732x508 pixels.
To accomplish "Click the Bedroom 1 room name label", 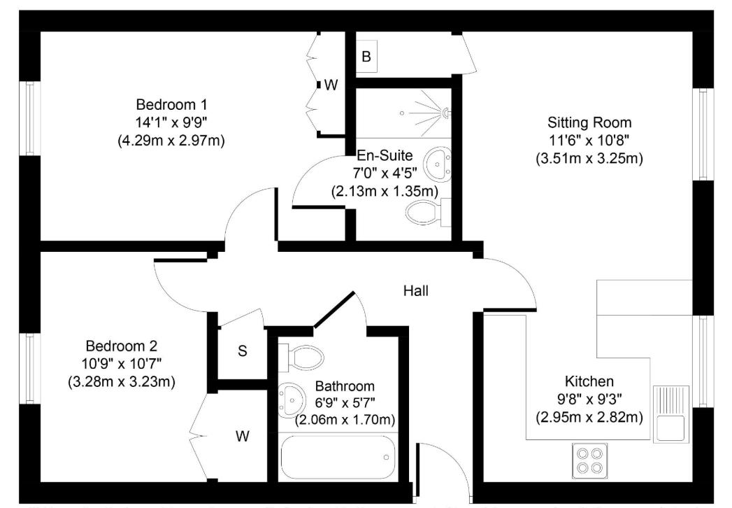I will tap(171, 104).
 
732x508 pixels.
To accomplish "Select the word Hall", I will tap(415, 290).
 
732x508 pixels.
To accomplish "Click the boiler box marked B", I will tap(366, 57).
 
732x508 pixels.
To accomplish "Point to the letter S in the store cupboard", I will tap(242, 351).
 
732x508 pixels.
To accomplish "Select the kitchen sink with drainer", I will tap(670, 414).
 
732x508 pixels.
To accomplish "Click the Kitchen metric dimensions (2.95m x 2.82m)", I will tap(589, 418).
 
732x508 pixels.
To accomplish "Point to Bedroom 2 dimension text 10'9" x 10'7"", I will tap(122, 364).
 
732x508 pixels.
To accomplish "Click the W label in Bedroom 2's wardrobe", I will tap(242, 437).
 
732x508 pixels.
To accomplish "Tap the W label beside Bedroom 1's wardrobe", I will tap(331, 85).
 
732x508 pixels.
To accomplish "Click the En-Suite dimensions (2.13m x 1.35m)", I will tap(384, 190).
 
